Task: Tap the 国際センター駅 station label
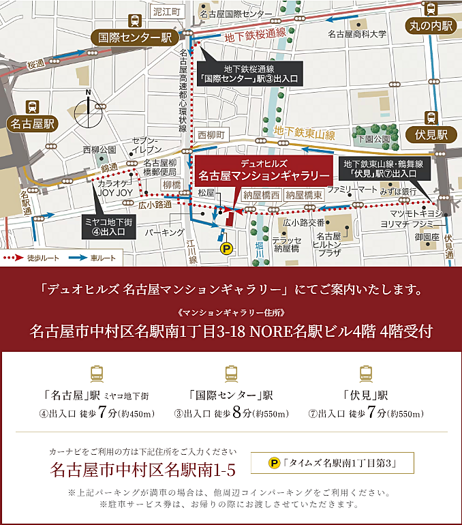point(136,38)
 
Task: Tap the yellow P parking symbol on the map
point(227,250)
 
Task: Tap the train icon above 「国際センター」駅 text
point(231,373)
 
